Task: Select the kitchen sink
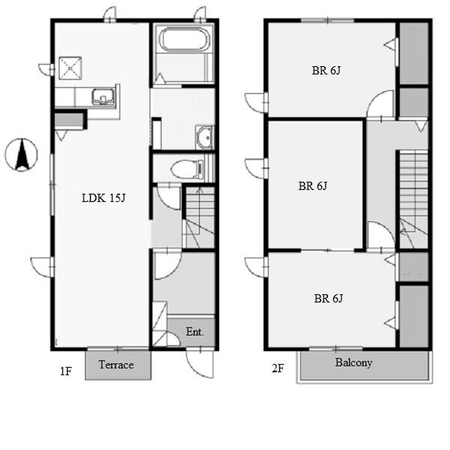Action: (x=103, y=96)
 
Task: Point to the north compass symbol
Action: (x=21, y=155)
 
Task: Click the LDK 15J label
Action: (x=104, y=198)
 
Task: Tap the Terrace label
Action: (x=116, y=365)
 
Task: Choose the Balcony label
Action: (x=354, y=363)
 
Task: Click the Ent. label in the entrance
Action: (x=195, y=332)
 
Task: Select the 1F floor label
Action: (x=65, y=371)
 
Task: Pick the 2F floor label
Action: (x=278, y=368)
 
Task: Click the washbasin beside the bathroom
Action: (x=205, y=138)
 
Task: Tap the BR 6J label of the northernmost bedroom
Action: (x=326, y=71)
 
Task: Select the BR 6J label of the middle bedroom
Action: (x=312, y=186)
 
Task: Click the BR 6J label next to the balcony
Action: (x=328, y=298)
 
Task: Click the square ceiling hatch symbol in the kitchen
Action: (x=70, y=68)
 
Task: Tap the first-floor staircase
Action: (x=199, y=217)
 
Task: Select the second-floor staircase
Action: (x=413, y=200)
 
